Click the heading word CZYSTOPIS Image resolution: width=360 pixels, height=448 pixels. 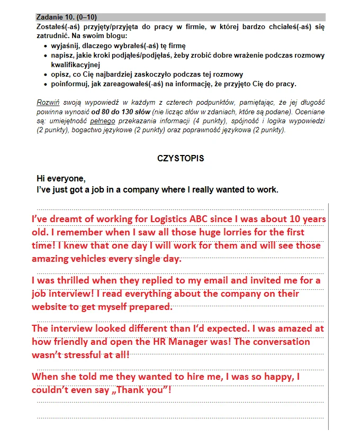pyautogui.click(x=181, y=159)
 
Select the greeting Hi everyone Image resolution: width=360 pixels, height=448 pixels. pyautogui.click(x=61, y=178)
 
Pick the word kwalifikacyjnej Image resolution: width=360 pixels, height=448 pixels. pyautogui.click(x=75, y=65)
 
